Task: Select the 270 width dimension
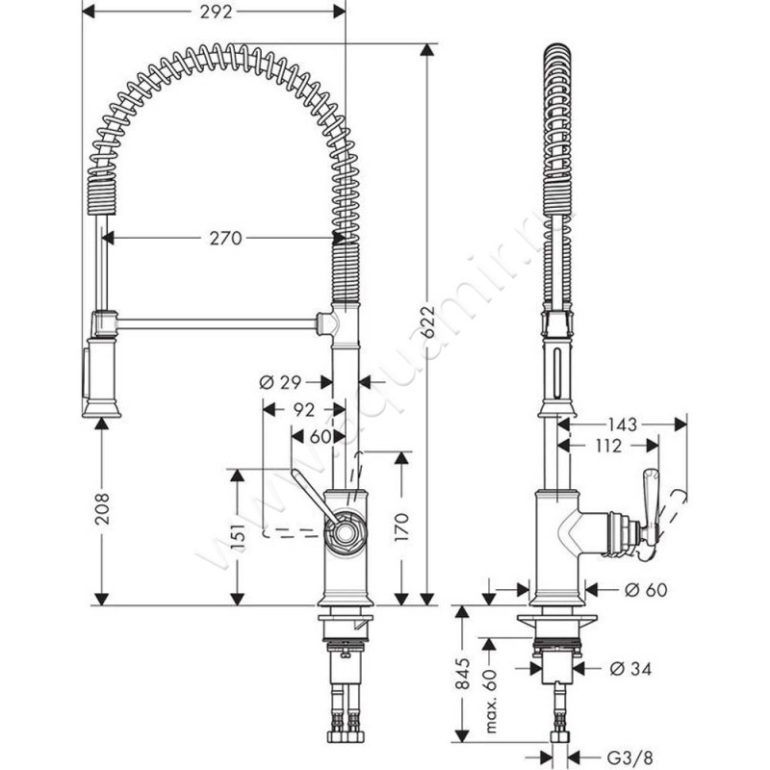pyautogui.click(x=224, y=238)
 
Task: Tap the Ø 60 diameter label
pyautogui.click(x=646, y=588)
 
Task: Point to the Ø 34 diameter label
pyautogui.click(x=629, y=666)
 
